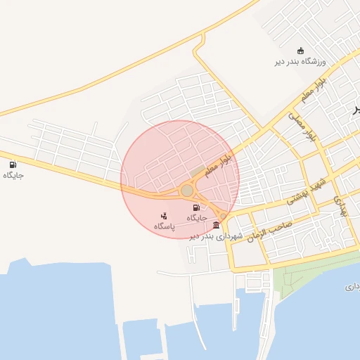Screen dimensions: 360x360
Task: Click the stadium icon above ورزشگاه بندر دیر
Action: [x=301, y=51]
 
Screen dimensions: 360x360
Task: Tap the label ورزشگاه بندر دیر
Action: [x=301, y=62]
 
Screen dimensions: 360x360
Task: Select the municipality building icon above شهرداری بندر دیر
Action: [x=216, y=226]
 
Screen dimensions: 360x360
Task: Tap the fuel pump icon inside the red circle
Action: [x=196, y=207]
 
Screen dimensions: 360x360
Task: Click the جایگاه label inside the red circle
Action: [x=196, y=218]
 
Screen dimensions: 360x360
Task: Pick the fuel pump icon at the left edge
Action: [x=13, y=165]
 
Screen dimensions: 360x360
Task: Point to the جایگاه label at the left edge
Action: [x=13, y=175]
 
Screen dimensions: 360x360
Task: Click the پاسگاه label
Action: [x=164, y=226]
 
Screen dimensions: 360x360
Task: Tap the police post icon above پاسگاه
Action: [x=164, y=216]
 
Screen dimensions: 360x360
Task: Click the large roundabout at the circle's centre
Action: [x=187, y=191]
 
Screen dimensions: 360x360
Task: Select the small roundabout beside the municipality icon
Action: [x=224, y=216]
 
